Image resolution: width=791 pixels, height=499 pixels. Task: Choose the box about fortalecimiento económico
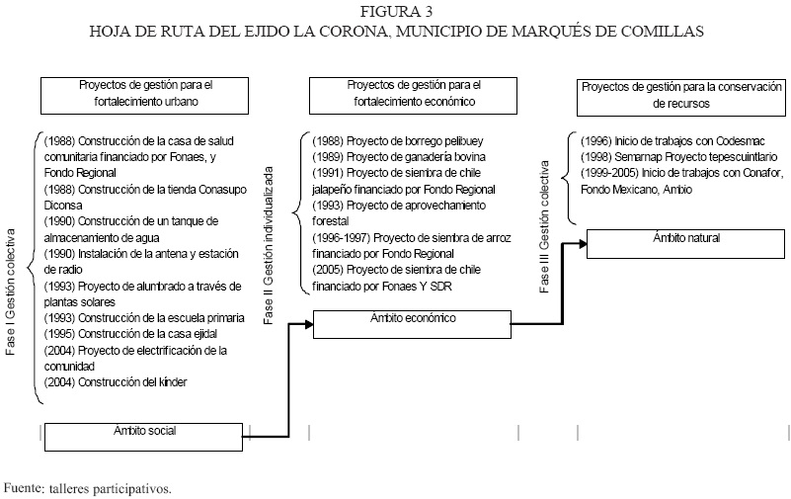(414, 93)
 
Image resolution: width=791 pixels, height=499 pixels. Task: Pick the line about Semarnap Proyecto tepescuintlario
(668, 157)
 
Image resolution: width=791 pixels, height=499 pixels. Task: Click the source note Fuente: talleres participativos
(88, 487)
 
